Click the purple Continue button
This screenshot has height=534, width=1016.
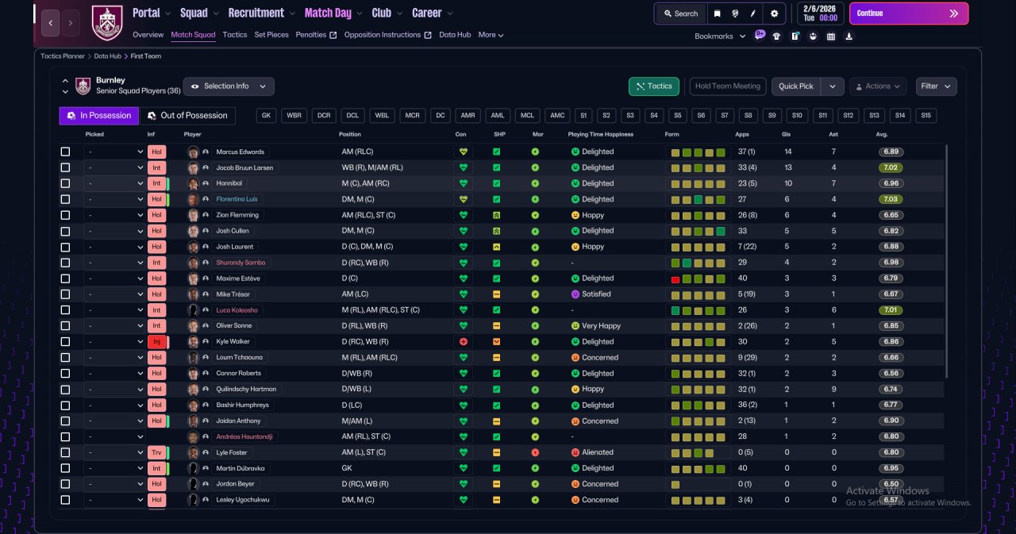909,13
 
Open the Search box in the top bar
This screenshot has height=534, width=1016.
681,13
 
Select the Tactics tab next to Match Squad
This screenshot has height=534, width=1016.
235,35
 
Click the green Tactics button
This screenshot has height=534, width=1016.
653,86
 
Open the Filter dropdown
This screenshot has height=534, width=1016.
936,86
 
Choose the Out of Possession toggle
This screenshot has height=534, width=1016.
187,116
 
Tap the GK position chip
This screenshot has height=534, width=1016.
266,116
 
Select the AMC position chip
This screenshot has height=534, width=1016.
557,116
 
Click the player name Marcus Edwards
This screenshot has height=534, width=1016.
240,152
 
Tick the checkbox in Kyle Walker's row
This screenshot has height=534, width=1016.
65,342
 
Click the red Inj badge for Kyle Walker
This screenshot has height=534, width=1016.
156,342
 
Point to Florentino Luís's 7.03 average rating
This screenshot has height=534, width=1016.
891,199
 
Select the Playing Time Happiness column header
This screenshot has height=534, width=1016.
601,135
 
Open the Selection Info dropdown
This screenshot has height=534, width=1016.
229,86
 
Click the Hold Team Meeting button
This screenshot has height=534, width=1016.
728,86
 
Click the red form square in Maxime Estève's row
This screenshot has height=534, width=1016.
675,279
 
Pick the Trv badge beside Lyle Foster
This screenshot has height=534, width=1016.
156,452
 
